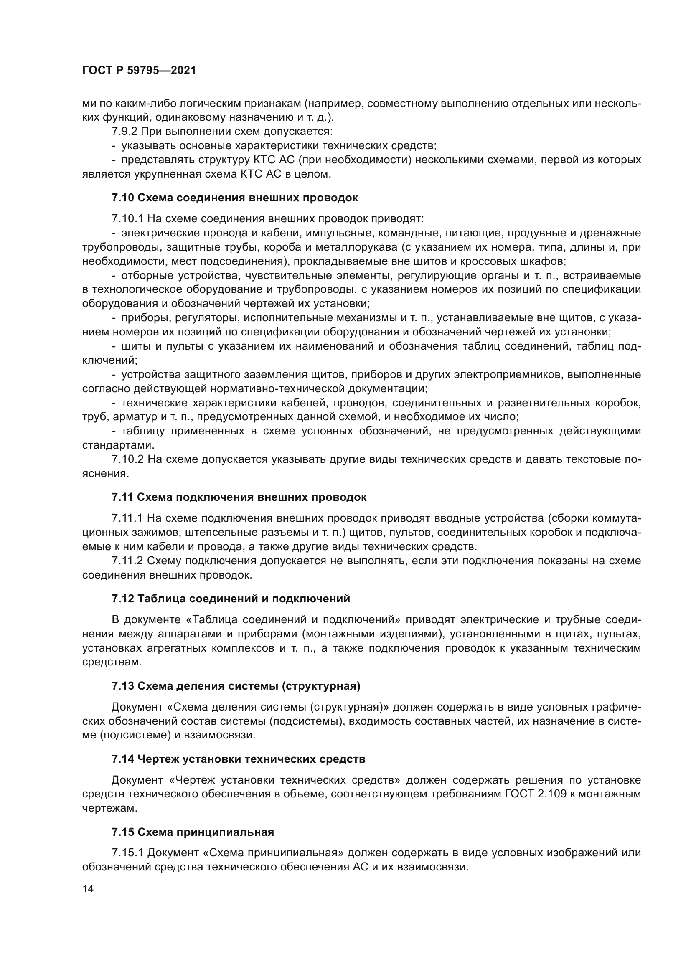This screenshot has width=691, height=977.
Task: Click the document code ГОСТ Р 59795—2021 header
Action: (x=139, y=71)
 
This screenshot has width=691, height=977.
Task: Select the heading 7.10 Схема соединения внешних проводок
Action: (x=234, y=198)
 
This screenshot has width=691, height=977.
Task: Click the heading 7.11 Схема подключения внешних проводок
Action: (x=239, y=497)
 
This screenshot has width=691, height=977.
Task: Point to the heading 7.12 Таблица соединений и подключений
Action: (x=231, y=599)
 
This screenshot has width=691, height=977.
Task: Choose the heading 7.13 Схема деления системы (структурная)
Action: (x=236, y=686)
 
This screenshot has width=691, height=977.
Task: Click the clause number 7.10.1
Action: (x=127, y=219)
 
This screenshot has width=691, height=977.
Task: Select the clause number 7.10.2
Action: (x=127, y=459)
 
